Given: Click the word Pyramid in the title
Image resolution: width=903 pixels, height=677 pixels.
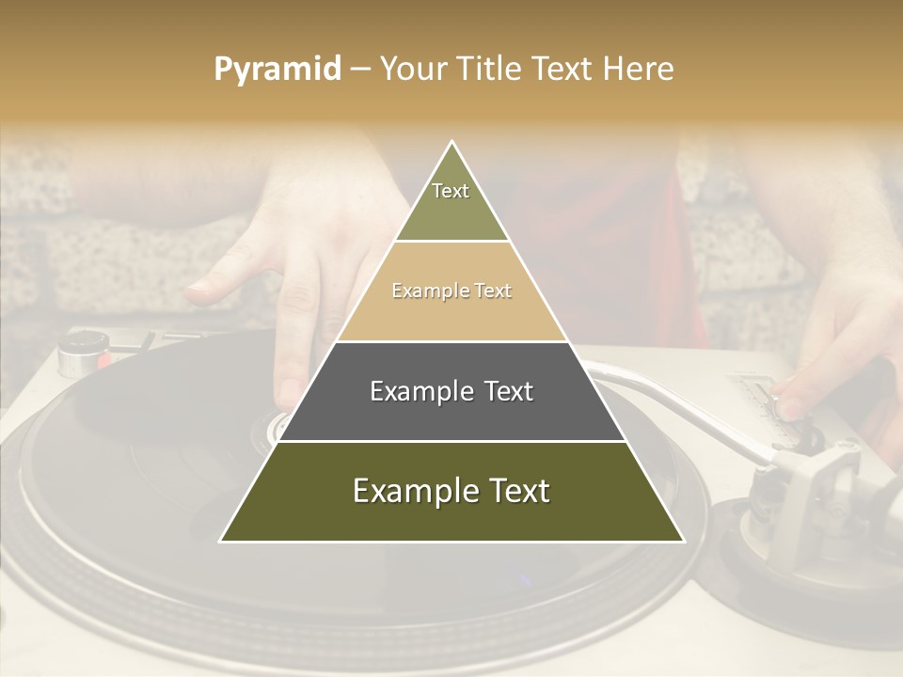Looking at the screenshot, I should (x=277, y=70).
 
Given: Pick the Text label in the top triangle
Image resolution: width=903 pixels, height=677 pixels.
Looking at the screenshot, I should (x=451, y=191).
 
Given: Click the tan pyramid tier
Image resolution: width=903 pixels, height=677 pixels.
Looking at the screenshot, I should (x=451, y=310).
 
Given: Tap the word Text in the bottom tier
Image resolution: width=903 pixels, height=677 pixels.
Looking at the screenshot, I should (x=513, y=491).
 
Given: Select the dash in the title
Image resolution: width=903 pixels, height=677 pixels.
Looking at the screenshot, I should (x=360, y=70).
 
